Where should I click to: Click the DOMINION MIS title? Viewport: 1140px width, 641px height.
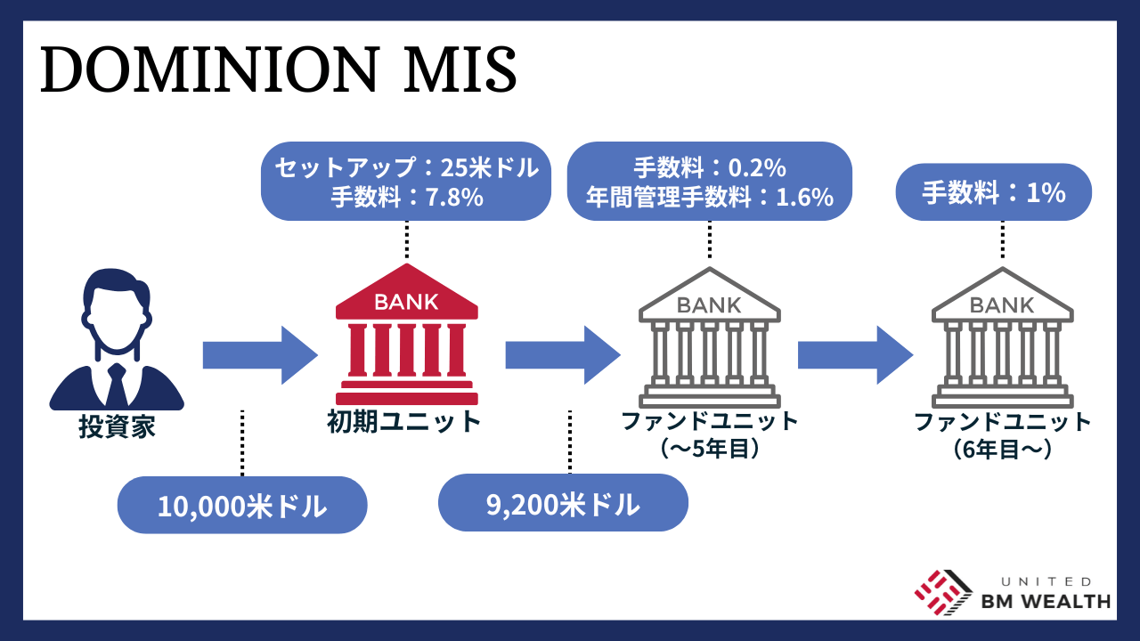pos(279,70)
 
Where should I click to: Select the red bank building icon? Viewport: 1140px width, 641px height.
pos(406,336)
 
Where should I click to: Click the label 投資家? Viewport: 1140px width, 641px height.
pos(117,427)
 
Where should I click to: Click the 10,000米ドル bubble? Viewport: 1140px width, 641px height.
pos(242,506)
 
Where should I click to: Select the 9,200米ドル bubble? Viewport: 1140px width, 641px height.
pos(563,503)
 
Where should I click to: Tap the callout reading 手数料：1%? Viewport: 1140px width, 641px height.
pos(993,192)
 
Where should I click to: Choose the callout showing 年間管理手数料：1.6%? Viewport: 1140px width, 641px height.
pos(710,182)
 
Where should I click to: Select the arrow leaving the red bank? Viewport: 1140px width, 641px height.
pos(562,354)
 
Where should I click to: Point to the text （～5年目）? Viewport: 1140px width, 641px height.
pos(710,448)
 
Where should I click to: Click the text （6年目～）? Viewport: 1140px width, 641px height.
pos(1003,448)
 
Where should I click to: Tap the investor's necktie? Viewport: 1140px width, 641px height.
pos(116,383)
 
